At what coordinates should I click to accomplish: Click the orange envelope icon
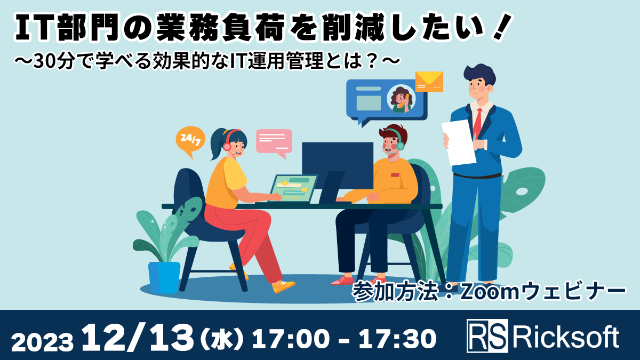click(429, 81)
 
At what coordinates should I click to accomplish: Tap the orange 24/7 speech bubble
click(190, 140)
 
